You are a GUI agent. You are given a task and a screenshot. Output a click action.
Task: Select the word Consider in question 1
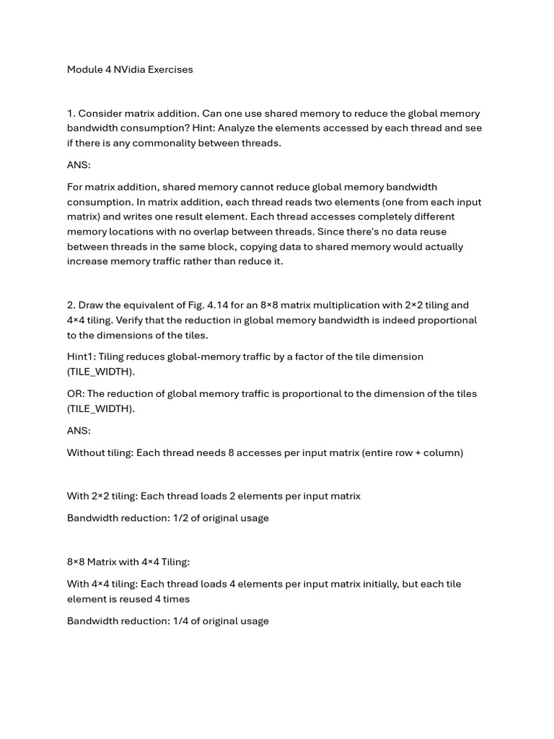click(100, 113)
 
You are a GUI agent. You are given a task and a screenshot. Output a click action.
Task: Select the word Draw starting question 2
click(91, 305)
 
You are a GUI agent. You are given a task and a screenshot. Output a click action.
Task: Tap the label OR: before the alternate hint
click(76, 394)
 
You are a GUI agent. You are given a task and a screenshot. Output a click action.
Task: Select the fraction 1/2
click(181, 518)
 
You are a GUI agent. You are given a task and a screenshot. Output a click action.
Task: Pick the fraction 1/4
click(181, 621)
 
